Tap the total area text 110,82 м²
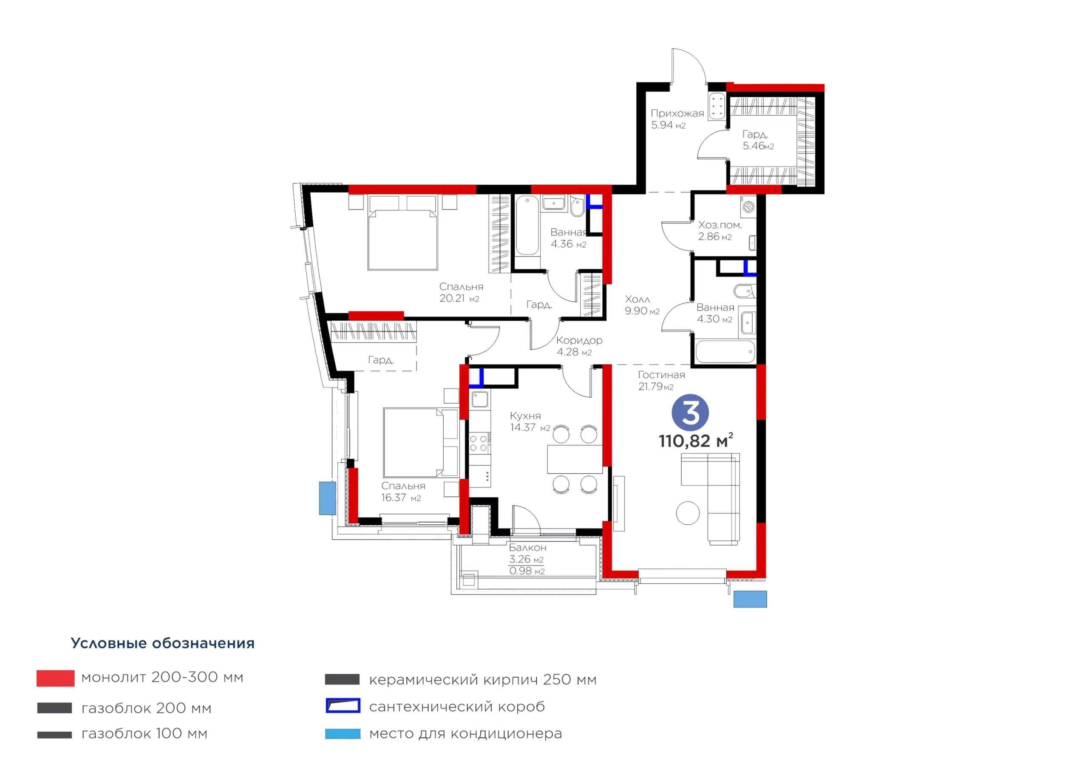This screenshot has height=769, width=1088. pos(696,441)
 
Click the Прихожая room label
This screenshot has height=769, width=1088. pos(677,113)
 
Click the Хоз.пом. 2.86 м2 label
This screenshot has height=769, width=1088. pos(720,231)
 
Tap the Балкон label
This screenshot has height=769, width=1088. pos(527,548)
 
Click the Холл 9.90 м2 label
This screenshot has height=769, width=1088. pos(642,305)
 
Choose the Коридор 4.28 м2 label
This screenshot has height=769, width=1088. pos(579,346)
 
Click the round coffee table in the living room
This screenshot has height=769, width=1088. pos(688,513)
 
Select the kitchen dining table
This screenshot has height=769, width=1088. pos(575,459)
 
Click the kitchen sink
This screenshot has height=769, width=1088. pos(479,399)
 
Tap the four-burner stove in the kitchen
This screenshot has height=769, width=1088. pos(479,443)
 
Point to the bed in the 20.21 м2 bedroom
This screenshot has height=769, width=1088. pos(403,233)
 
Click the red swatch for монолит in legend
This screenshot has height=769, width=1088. pos(55,678)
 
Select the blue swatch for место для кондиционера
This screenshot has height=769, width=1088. pos(343,734)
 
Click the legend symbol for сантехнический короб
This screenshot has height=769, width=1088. pos(343,706)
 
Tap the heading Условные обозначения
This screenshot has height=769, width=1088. pos(162,643)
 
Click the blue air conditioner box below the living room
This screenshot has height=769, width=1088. pos(750,599)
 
